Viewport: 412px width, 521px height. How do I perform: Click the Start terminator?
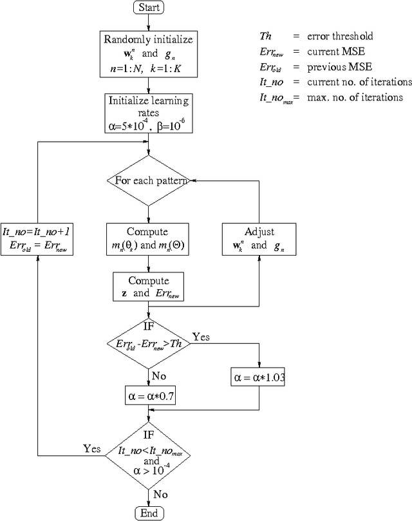click(x=149, y=8)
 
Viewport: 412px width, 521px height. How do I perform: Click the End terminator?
click(x=149, y=513)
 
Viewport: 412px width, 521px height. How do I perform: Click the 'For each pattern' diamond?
click(x=149, y=181)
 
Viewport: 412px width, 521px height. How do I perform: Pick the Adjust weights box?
click(x=259, y=238)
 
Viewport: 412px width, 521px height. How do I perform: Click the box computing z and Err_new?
click(x=149, y=287)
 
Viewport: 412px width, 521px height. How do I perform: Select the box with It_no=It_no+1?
click(x=37, y=238)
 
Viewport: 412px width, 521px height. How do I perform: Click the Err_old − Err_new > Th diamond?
click(x=149, y=345)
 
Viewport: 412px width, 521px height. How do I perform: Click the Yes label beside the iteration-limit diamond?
click(x=91, y=448)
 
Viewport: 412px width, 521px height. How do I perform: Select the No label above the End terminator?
click(x=161, y=494)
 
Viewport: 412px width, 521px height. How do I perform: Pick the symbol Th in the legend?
click(x=265, y=37)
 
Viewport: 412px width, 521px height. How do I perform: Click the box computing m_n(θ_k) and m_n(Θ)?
click(x=149, y=238)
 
